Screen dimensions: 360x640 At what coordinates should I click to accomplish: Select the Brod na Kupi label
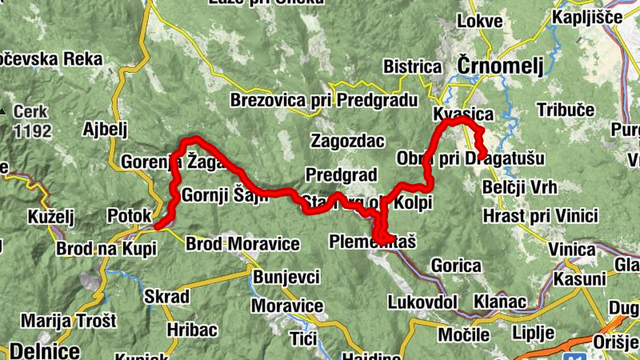[106, 248]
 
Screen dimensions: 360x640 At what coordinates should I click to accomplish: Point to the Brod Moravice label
[242, 243]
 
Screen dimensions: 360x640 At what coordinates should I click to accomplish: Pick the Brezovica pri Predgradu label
[324, 100]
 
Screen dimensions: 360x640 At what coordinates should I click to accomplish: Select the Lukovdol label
[422, 302]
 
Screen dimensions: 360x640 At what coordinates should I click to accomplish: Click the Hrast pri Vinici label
[541, 215]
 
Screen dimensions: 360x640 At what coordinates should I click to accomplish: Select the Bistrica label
[413, 66]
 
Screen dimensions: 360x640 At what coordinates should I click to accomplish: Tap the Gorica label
[456, 266]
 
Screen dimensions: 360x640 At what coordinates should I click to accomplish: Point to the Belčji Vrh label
[521, 187]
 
